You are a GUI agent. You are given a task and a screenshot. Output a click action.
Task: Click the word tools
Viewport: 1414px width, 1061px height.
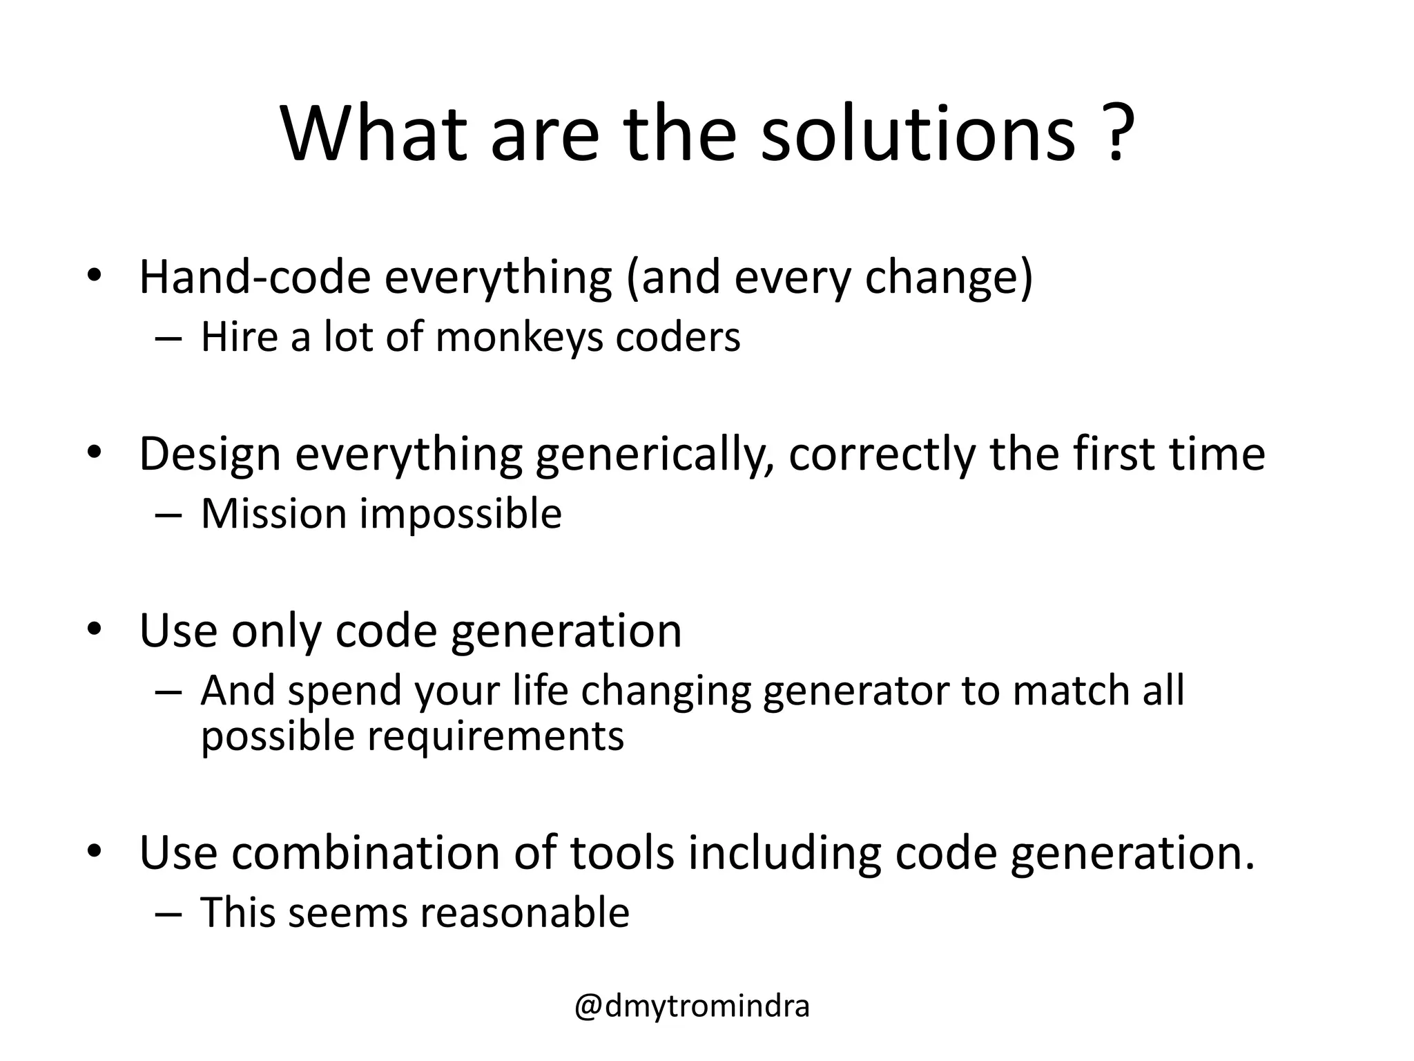621,852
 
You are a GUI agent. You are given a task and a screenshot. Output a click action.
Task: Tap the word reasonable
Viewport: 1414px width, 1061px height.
525,912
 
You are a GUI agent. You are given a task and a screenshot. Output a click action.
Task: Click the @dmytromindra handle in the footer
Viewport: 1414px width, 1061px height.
692,1006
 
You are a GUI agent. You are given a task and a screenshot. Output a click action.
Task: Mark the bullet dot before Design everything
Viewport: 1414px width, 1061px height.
95,452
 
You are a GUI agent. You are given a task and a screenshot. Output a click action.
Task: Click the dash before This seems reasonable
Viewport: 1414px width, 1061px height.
168,912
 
